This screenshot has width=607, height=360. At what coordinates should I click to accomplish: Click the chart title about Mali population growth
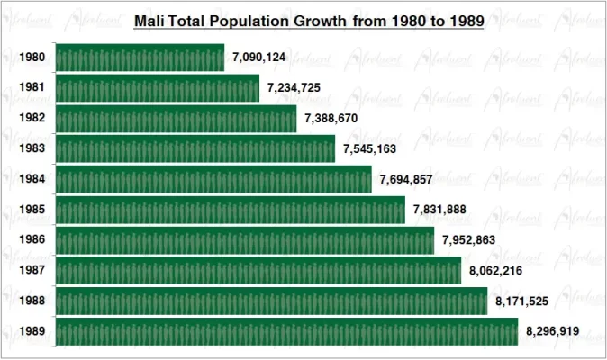point(309,20)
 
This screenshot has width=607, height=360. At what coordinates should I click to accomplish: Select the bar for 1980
point(140,58)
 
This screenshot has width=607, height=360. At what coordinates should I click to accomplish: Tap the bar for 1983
point(195,148)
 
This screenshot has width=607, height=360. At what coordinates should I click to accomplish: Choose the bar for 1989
point(286,331)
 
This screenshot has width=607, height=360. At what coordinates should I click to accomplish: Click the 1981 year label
point(32,88)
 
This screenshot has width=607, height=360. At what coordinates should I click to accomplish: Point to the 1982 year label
point(32,118)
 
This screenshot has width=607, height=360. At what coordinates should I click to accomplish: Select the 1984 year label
point(32,179)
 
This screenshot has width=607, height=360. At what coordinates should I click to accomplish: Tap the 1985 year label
point(32,210)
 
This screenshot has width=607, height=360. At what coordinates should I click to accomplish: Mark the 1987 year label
point(32,270)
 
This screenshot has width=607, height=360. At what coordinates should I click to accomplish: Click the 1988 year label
point(32,301)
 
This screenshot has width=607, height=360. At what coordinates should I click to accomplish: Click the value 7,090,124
point(258,58)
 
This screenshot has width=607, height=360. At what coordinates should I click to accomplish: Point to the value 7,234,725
point(294,88)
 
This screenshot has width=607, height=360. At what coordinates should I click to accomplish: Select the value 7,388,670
point(331,118)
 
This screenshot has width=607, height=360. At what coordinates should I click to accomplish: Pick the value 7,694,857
point(406,179)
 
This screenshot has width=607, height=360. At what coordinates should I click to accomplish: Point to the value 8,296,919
point(552,331)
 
